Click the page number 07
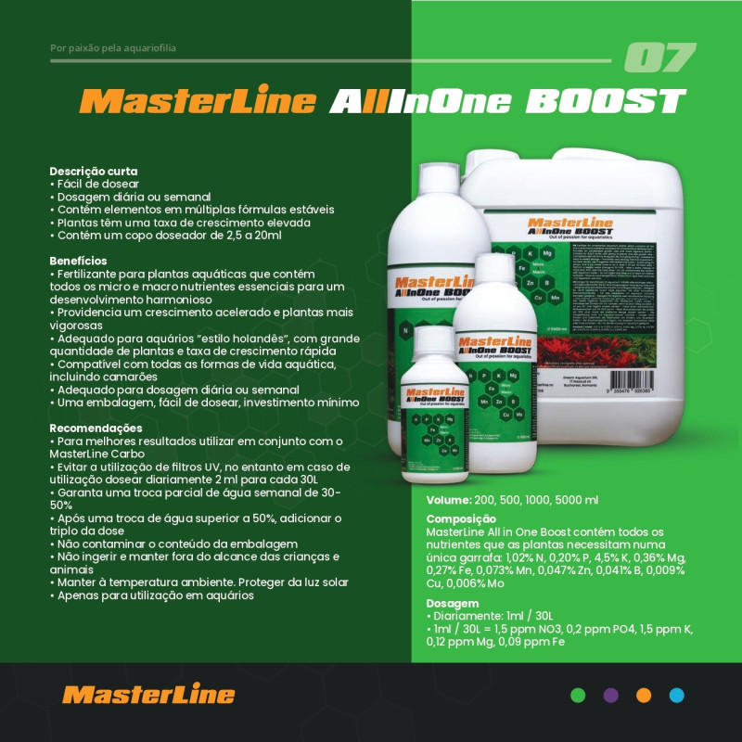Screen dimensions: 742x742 [x=659, y=58]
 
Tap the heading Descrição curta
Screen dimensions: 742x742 [x=94, y=172]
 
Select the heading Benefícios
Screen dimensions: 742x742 [x=78, y=262]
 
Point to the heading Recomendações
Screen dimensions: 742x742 [x=96, y=429]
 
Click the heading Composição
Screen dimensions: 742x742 [x=461, y=518]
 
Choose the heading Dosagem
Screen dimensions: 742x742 [x=453, y=603]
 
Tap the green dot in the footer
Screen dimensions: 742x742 [x=578, y=695]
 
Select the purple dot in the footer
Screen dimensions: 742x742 [x=610, y=695]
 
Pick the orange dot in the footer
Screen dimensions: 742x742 [x=644, y=695]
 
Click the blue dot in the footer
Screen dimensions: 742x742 [x=677, y=695]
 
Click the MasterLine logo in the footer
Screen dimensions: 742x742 [x=148, y=695]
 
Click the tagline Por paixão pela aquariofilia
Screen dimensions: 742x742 [x=112, y=47]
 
